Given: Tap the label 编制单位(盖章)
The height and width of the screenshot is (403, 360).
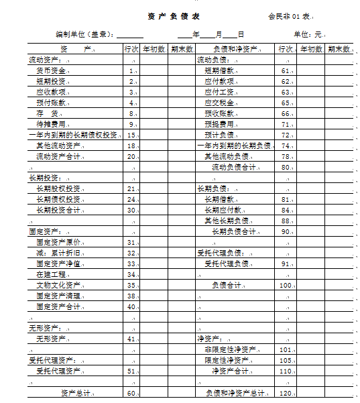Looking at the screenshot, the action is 84,34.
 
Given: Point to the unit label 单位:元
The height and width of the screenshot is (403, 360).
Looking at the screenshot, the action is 308,34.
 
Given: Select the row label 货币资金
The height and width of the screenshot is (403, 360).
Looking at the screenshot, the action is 51,70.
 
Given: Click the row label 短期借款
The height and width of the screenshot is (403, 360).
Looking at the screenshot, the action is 219,70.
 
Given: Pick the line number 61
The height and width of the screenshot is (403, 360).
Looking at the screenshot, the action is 286,70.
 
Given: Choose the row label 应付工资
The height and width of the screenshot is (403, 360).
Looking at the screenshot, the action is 219,92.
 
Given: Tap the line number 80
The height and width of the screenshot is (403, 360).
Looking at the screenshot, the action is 286,167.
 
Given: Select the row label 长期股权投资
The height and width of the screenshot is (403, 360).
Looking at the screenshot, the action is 58,188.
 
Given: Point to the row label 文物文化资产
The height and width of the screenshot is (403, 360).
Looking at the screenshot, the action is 58,285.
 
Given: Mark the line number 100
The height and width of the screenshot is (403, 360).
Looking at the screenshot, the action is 286,285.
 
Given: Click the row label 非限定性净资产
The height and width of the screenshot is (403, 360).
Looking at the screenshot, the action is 229,349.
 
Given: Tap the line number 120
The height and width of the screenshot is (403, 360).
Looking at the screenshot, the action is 286,393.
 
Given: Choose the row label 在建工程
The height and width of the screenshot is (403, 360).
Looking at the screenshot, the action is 51,274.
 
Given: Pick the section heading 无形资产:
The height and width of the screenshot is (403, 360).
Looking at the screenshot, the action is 46,328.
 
